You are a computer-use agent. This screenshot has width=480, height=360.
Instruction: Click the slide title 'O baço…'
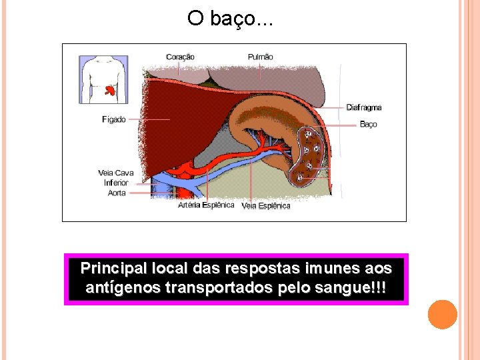click(230, 19)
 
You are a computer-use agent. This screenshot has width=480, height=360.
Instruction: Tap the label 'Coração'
click(180, 57)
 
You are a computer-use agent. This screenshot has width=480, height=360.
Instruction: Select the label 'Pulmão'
click(260, 57)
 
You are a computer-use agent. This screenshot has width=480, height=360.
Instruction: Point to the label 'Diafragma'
click(364, 107)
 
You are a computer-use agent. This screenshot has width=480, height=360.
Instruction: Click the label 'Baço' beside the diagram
click(369, 124)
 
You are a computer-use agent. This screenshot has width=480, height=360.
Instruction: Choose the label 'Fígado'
click(113, 119)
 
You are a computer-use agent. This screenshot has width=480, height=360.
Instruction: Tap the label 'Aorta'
click(117, 193)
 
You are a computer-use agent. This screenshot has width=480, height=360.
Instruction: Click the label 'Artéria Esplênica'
click(206, 205)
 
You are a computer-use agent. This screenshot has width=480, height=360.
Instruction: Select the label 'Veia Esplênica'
click(266, 206)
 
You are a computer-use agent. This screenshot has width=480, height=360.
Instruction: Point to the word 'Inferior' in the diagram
click(116, 183)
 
